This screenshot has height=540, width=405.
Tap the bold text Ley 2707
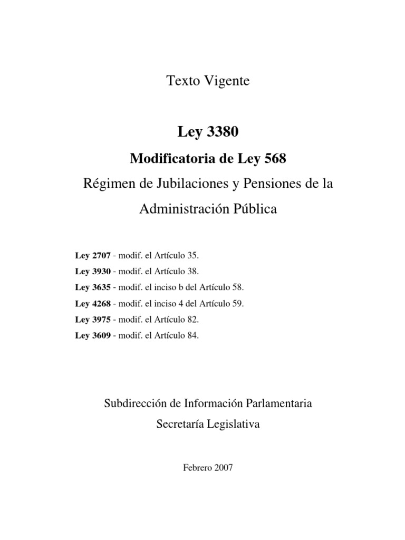click(x=93, y=256)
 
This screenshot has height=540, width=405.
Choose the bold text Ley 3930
click(x=93, y=272)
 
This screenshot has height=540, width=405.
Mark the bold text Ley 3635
click(x=93, y=288)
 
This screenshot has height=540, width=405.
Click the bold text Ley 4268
click(x=93, y=304)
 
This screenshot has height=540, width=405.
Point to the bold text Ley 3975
click(x=93, y=320)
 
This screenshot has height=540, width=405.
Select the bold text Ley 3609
click(x=93, y=335)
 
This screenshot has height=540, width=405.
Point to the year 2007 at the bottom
click(x=222, y=468)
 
